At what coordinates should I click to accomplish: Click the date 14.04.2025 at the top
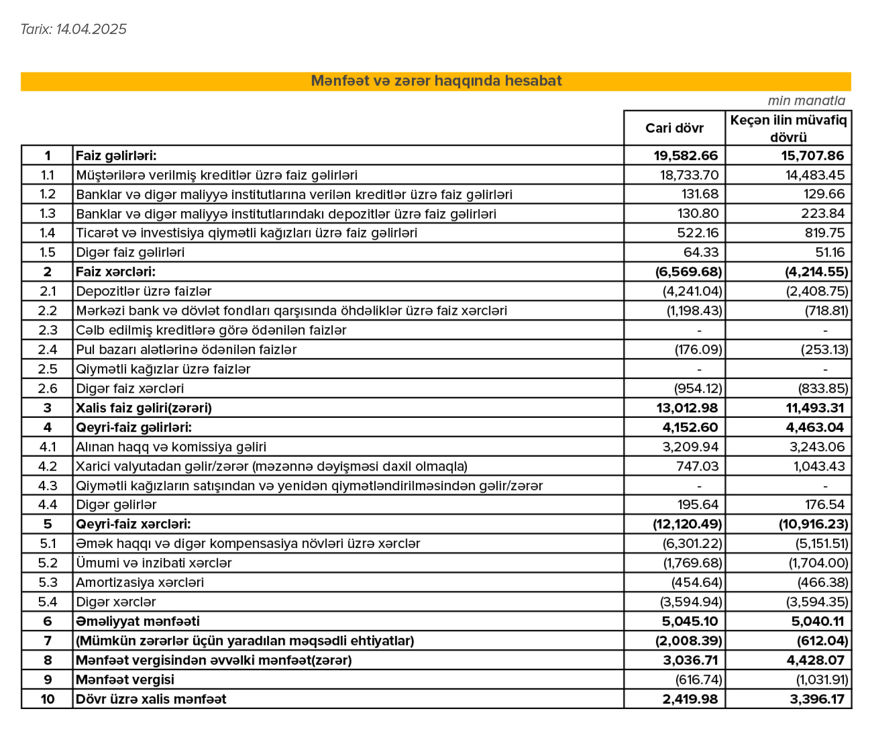pos(91,29)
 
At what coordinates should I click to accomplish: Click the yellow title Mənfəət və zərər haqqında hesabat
pos(436,81)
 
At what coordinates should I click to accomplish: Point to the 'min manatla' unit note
pos(806,101)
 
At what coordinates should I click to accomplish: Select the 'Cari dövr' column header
pos(674,128)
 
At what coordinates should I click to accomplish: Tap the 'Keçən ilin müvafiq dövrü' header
pos(788,128)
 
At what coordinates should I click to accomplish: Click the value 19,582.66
pos(686,156)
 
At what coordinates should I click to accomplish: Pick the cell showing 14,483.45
pos(815,175)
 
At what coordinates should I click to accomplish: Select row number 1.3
pos(47,213)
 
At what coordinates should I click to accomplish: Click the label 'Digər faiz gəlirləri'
pos(130,252)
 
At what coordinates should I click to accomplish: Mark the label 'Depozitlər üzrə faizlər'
pos(144,291)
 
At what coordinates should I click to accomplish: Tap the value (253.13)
pos(824,349)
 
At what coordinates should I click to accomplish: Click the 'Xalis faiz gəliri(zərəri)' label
pos(144,408)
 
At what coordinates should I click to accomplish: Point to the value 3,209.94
pos(690,447)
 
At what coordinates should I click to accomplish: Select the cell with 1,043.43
pos(819,466)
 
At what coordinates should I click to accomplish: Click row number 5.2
pos(47,563)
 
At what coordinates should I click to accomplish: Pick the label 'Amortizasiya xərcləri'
pos(140,582)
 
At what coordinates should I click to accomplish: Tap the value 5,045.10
pos(690,621)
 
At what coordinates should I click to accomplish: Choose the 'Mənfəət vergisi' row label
pos(125,680)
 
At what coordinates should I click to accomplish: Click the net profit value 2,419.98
pos(690,699)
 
